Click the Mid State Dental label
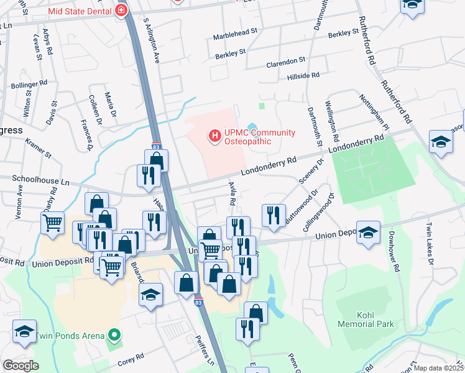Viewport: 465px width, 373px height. tap(79, 11)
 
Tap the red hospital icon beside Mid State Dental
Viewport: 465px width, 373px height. tap(121, 11)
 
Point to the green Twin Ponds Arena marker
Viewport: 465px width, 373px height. tap(114, 336)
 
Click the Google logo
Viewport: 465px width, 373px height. tap(21, 366)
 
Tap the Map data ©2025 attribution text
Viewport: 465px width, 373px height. tap(438, 368)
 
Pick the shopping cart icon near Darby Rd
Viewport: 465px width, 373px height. tap(53, 222)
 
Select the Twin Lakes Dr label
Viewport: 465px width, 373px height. tap(430, 238)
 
